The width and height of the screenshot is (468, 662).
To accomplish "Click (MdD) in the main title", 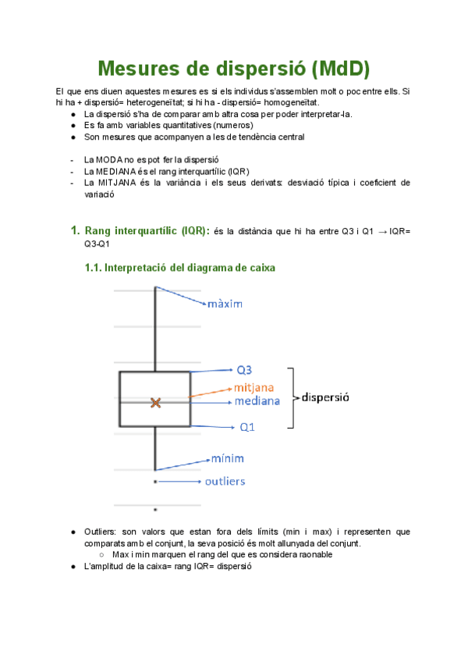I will (339, 69).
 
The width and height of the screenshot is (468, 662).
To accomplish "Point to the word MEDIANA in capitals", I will (120, 171).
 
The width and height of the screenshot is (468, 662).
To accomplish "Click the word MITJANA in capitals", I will (120, 183).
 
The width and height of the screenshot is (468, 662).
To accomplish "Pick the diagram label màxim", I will (226, 302).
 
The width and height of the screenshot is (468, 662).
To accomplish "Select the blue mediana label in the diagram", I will (257, 401).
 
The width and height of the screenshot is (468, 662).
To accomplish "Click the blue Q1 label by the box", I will (247, 427).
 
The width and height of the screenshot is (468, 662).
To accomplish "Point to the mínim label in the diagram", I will (229, 458).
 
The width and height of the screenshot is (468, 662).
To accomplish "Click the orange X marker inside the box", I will (156, 403).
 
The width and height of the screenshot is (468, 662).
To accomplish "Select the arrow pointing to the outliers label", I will (179, 482).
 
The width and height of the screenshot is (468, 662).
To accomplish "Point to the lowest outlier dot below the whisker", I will (155, 510).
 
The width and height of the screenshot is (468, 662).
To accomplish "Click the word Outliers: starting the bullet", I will (102, 532).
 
